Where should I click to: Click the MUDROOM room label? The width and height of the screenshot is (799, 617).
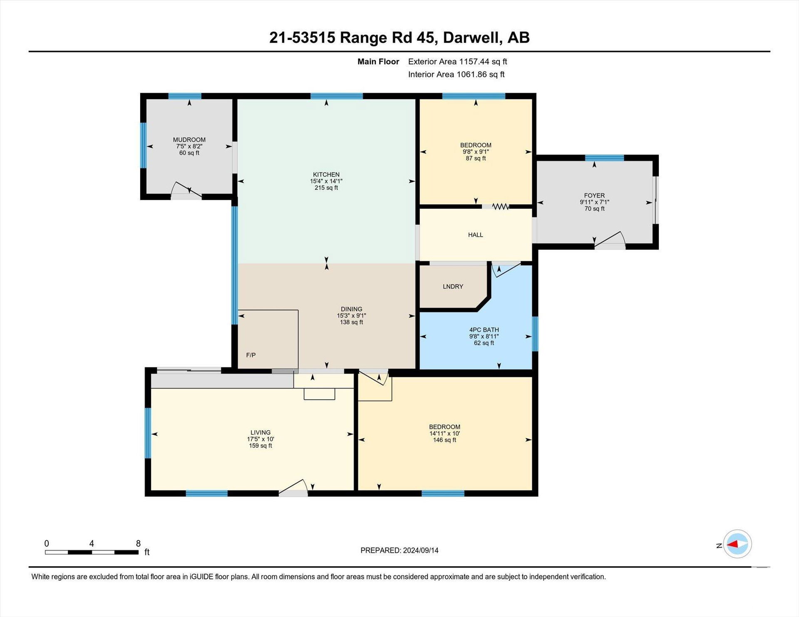point(189,140)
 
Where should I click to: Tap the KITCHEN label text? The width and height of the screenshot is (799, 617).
point(326,175)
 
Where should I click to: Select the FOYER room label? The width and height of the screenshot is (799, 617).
point(594,196)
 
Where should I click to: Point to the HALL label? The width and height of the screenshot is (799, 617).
point(475,235)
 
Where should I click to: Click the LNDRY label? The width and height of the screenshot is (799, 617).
point(453,287)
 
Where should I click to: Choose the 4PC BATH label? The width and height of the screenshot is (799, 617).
point(484,330)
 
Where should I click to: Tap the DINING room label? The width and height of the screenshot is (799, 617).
point(352,309)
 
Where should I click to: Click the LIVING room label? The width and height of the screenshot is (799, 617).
point(261,433)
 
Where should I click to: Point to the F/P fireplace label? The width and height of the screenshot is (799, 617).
point(251,355)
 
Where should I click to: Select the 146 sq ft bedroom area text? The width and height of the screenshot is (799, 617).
point(444,440)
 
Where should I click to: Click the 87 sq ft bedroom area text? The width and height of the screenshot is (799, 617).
point(476,159)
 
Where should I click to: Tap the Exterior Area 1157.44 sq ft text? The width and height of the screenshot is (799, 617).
point(457,62)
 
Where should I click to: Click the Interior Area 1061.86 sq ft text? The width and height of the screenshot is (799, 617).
point(456,74)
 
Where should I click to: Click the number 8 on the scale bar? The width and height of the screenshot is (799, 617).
point(138,543)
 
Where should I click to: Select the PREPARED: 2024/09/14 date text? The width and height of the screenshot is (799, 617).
point(399,550)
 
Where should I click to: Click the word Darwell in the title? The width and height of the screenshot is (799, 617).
point(471,37)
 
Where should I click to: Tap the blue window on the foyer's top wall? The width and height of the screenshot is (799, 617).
point(604,158)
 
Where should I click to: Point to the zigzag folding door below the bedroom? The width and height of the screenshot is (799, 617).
point(501,206)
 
